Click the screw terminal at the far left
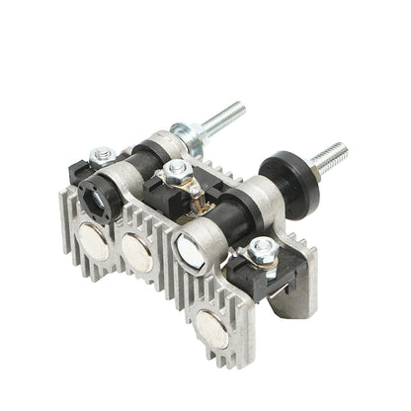pos(101,155)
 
